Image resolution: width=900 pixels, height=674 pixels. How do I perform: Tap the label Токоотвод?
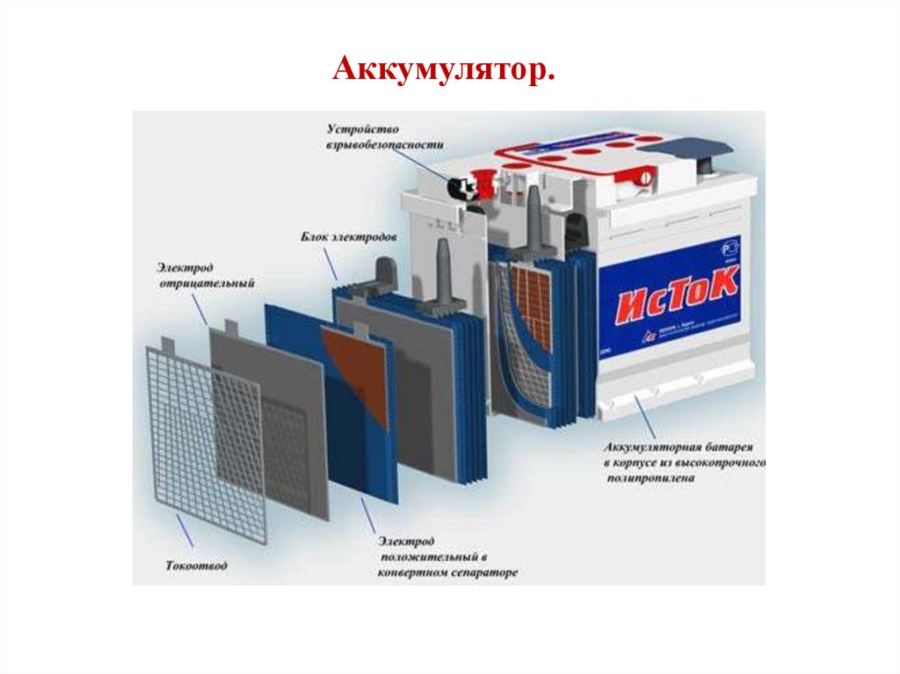[x=195, y=566]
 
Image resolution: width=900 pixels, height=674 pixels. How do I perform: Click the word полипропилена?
[x=650, y=478]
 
